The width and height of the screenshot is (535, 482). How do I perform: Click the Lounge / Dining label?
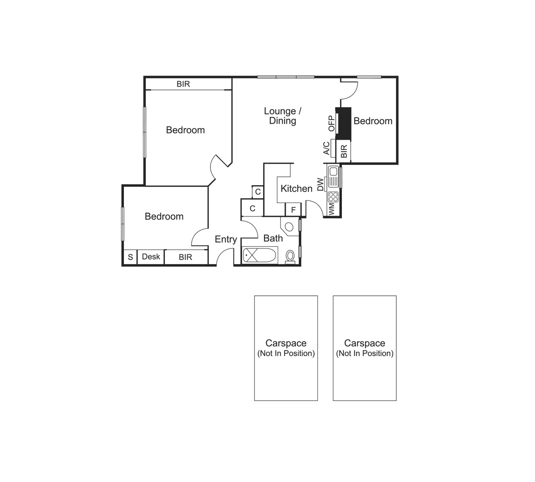tap(283, 116)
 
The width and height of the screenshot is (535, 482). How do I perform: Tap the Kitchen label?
tap(296, 188)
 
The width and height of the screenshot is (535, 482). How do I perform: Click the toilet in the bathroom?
tap(290, 256)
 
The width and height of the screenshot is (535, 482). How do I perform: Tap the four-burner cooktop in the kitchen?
tap(333, 196)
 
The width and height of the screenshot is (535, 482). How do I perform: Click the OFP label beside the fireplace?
tap(331, 124)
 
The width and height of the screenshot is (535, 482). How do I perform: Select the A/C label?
tap(326, 148)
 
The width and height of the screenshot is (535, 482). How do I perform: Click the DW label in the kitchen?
tap(320, 184)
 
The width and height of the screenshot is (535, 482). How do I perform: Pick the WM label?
tap(331, 209)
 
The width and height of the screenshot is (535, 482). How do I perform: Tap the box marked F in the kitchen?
tap(293, 209)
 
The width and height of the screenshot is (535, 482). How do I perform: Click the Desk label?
tap(151, 257)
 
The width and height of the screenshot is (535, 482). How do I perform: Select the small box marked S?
tap(130, 257)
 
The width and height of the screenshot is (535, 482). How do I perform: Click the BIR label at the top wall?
tap(183, 84)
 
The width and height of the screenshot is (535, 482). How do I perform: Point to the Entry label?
tap(226, 239)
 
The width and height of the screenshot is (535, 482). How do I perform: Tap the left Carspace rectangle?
tap(286, 348)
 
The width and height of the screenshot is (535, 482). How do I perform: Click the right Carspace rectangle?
tap(364, 348)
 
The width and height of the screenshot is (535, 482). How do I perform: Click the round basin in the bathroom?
tap(288, 226)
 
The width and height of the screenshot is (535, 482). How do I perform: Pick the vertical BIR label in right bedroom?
tap(344, 151)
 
